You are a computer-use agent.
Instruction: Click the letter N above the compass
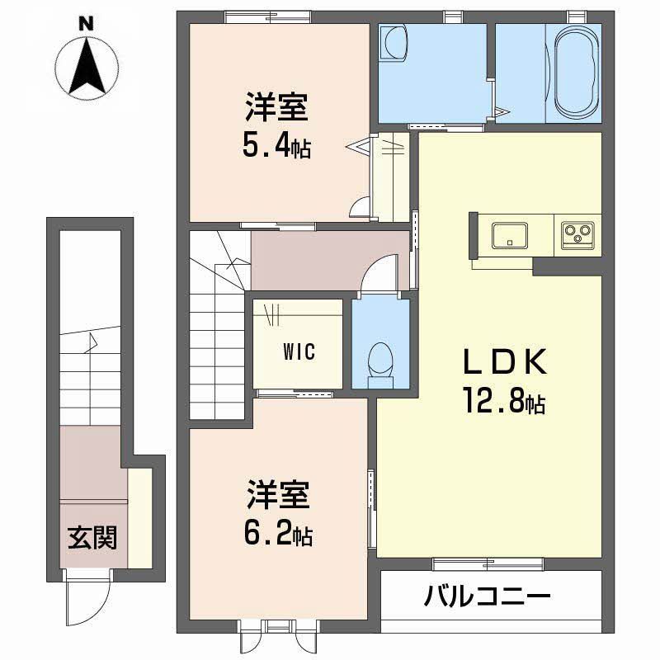[83, 23]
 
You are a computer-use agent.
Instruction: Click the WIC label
[299, 352]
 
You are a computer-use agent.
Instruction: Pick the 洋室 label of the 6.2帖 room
[276, 497]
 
